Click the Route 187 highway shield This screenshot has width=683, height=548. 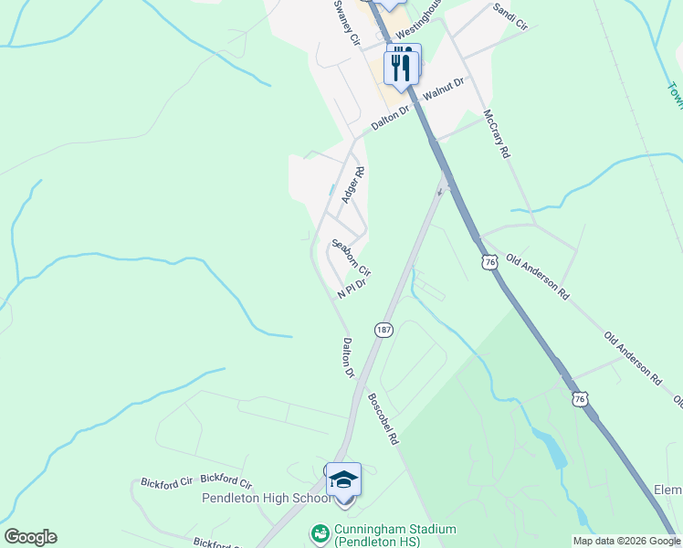tap(384, 330)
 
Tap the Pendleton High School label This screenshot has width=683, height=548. tap(267, 499)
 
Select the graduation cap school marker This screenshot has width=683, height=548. tap(343, 480)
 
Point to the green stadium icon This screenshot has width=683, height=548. tap(320, 532)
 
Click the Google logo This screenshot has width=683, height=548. tap(30, 537)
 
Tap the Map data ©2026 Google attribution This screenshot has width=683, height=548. tap(626, 541)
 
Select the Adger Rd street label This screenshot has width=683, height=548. tap(352, 184)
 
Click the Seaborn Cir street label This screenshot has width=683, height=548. tap(352, 258)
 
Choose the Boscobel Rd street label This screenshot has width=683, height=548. tap(384, 419)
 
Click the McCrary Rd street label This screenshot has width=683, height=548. tap(496, 135)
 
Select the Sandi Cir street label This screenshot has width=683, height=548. tap(510, 16)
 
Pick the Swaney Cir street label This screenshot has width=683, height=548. tap(347, 23)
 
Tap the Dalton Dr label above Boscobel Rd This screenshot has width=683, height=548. tap(348, 357)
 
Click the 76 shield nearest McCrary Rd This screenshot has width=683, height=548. tap(490, 262)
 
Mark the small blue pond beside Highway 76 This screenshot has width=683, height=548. tap(551, 448)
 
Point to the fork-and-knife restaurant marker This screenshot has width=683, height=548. tap(402, 67)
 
